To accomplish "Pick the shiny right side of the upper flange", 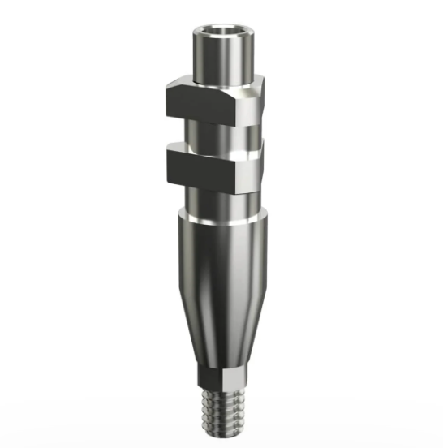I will [x=252, y=103].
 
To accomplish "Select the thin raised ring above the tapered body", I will [x=221, y=218].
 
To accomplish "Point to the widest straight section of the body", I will [x=221, y=276].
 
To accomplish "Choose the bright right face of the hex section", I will [x=234, y=380].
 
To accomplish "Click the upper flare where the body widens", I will [x=221, y=231].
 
